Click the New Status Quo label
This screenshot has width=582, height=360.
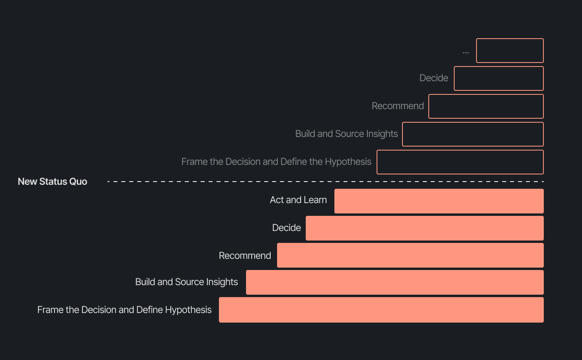(x=53, y=182)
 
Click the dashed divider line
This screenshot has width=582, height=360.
(x=325, y=182)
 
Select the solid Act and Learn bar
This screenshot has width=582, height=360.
(x=439, y=201)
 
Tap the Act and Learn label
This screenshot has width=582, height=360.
(x=298, y=200)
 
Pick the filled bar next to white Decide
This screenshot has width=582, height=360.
(x=424, y=228)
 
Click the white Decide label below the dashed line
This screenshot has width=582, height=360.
(x=286, y=228)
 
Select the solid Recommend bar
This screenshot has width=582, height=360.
(x=410, y=255)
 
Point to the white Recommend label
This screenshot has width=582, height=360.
(x=245, y=256)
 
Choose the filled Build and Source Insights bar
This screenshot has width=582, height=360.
(x=395, y=282)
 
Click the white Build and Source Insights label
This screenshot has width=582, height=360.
(x=186, y=282)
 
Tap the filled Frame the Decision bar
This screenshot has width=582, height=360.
(x=381, y=310)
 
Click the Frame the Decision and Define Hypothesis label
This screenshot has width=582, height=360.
(x=124, y=310)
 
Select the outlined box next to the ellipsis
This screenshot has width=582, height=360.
(x=510, y=51)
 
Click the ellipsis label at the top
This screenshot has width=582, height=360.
(x=466, y=52)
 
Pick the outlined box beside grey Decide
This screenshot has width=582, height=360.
(x=498, y=78)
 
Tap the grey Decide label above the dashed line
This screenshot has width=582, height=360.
(x=434, y=78)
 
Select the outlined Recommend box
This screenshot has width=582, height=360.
(x=486, y=106)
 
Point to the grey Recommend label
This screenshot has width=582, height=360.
(x=397, y=106)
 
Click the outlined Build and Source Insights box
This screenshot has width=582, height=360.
(x=473, y=134)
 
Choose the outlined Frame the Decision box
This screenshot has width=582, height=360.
(x=460, y=162)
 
